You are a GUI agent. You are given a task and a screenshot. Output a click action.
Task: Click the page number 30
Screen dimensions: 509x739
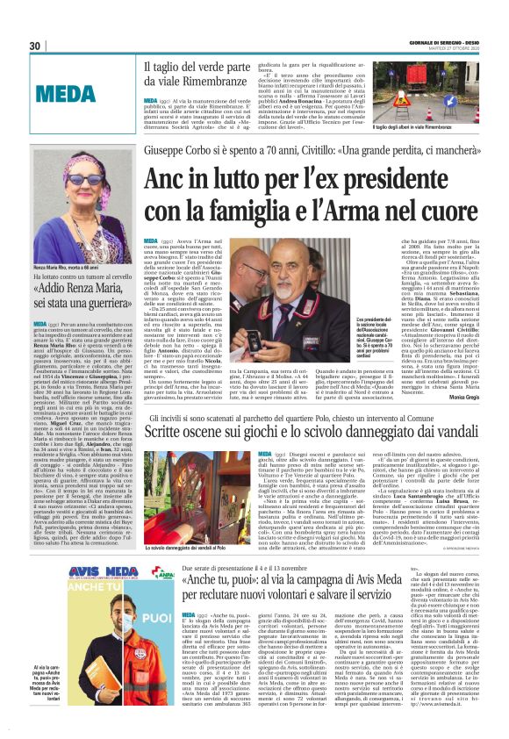pyautogui.click(x=35, y=46)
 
